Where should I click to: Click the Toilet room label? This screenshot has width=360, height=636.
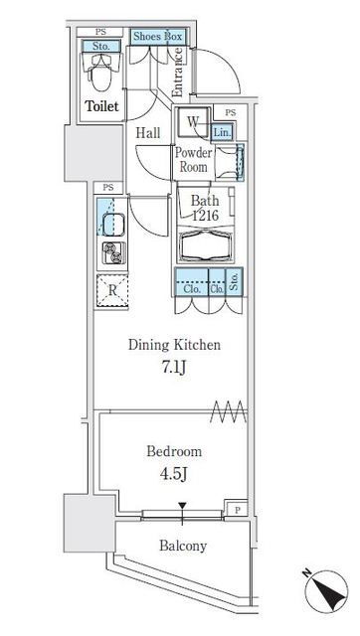(x=101, y=106)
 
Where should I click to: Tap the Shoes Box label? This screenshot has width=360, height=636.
(x=158, y=37)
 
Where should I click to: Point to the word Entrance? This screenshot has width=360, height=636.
(x=177, y=73)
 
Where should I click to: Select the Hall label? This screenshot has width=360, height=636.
(x=148, y=133)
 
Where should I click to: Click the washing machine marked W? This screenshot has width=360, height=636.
(x=193, y=121)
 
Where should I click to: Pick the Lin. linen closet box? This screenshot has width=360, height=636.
(x=222, y=132)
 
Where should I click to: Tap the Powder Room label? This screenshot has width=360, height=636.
(x=193, y=160)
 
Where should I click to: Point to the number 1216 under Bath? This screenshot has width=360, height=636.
(x=206, y=216)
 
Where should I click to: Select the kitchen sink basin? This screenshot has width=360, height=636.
(x=113, y=225)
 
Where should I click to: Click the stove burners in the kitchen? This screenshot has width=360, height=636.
(x=114, y=252)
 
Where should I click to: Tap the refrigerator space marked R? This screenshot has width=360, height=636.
(x=112, y=290)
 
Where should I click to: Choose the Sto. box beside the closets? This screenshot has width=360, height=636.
(x=234, y=280)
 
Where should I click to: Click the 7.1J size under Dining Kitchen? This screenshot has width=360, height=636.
(x=174, y=369)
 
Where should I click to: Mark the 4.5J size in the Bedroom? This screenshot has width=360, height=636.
(x=174, y=474)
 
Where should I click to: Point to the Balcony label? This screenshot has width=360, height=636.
(x=183, y=546)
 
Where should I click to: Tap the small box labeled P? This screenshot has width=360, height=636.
(x=237, y=510)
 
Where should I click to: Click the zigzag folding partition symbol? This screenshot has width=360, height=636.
(x=229, y=411)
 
